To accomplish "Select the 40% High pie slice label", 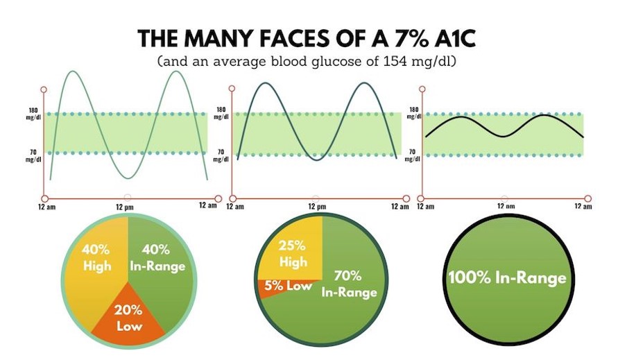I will pos(96,257).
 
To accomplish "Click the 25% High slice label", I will pos(293,255).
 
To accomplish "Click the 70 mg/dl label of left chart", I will pos(33,155).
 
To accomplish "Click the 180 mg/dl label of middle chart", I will pos(222,113).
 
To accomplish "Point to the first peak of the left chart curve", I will pos(74,71).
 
